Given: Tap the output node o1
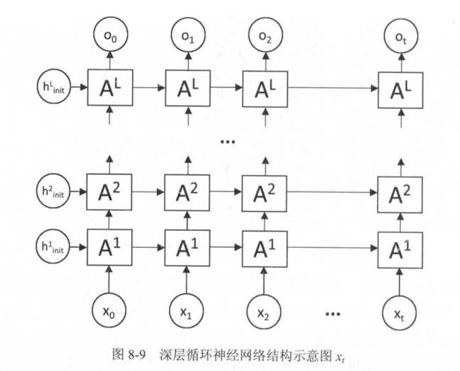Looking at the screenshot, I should pyautogui.click(x=189, y=36).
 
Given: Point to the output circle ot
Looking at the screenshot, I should pyautogui.click(x=400, y=36).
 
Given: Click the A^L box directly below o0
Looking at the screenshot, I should pyautogui.click(x=109, y=88).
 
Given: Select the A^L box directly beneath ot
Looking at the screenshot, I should pyautogui.click(x=400, y=89).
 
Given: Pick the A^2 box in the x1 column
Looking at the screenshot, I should pyautogui.click(x=187, y=191).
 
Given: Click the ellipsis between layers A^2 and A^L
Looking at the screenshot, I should pyautogui.click(x=228, y=142).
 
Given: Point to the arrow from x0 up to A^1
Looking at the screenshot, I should pyautogui.click(x=109, y=278).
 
